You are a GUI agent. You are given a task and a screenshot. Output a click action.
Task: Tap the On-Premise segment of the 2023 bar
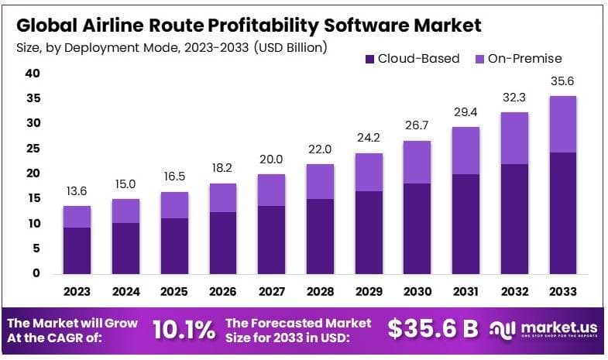click(77, 217)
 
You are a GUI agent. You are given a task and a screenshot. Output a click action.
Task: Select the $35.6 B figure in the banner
click(433, 328)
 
